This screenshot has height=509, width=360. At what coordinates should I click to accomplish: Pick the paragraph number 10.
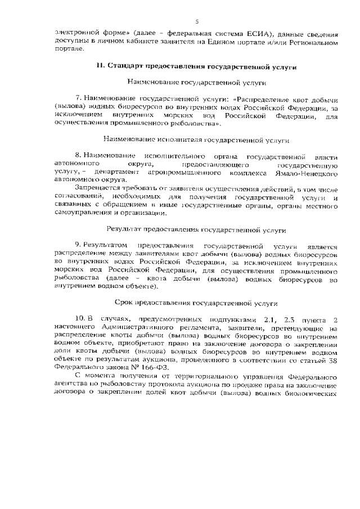click(x=79, y=318)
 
